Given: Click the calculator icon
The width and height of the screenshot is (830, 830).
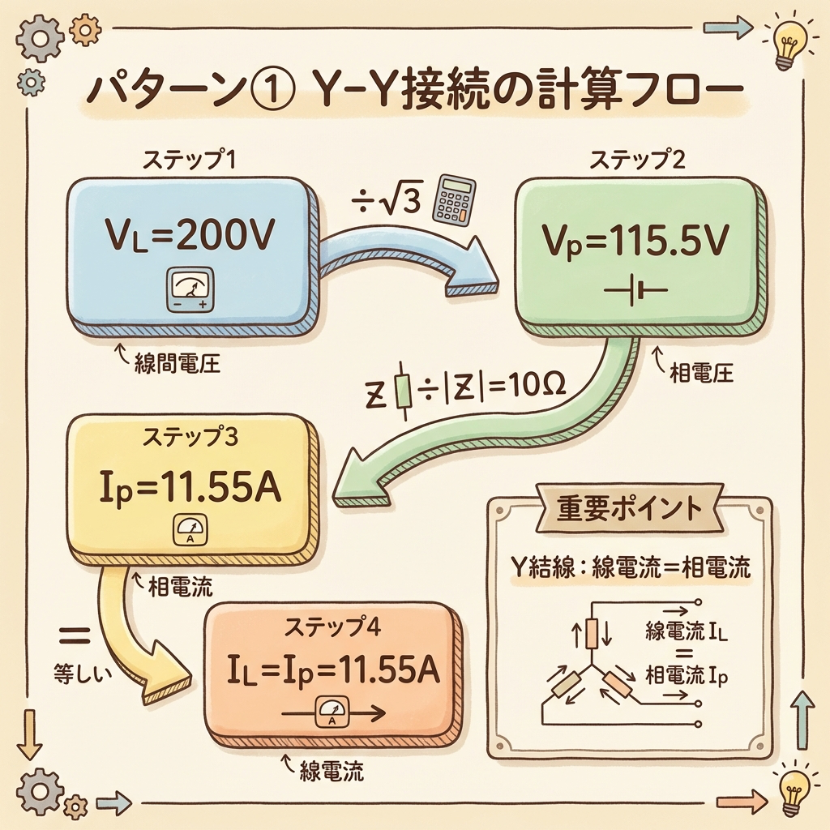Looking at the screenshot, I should (454, 200).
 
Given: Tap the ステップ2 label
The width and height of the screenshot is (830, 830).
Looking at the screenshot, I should (639, 160).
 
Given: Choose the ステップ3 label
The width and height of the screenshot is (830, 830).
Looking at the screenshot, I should (190, 437).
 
